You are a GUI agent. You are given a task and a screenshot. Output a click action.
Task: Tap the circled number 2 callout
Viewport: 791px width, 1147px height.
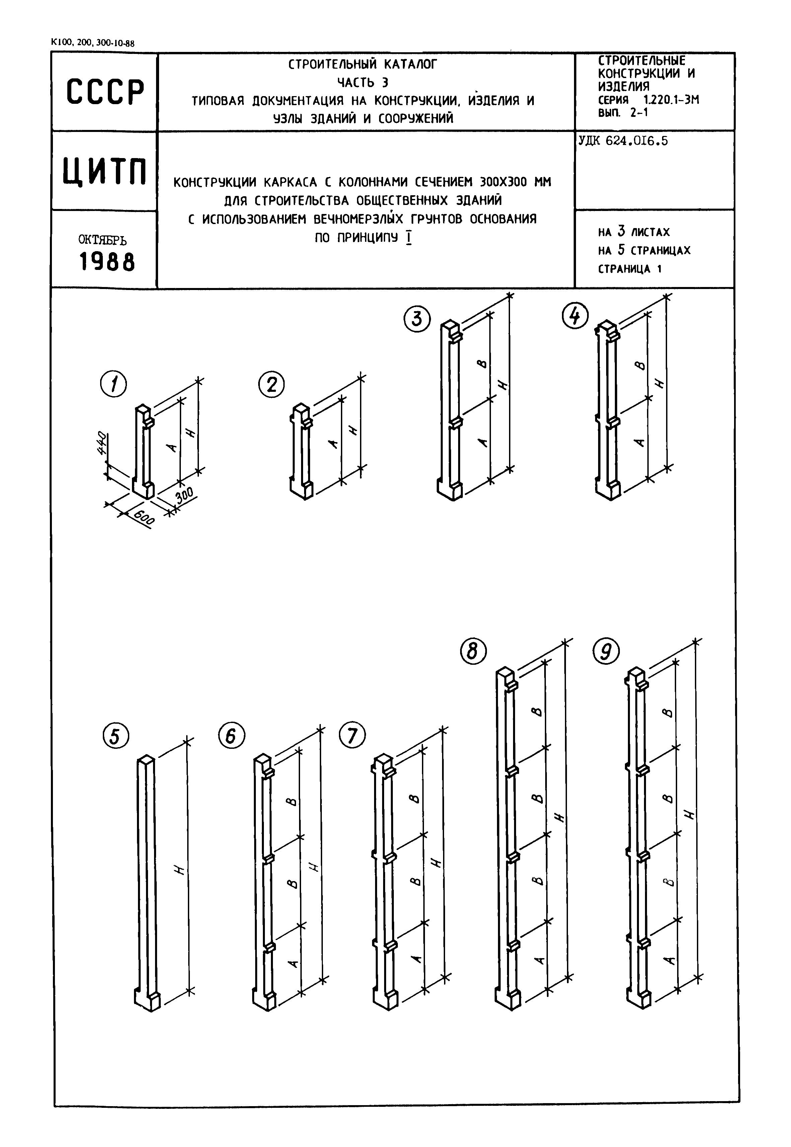(272, 385)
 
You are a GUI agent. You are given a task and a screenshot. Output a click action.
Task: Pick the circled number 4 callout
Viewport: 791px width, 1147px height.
(575, 316)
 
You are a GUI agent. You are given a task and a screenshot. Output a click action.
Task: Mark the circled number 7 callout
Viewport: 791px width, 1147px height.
(352, 735)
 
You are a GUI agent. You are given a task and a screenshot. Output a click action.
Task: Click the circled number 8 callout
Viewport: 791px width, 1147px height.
(473, 651)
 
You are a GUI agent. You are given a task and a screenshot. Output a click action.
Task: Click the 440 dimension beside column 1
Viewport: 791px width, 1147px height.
(101, 443)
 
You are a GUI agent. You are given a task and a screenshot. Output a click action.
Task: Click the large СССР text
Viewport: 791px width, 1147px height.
(105, 92)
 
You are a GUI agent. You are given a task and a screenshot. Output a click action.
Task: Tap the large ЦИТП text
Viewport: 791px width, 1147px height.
(105, 171)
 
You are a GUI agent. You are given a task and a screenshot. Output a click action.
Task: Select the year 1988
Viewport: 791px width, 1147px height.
(107, 261)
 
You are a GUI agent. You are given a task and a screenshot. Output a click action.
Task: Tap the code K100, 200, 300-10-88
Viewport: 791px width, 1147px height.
(93, 43)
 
